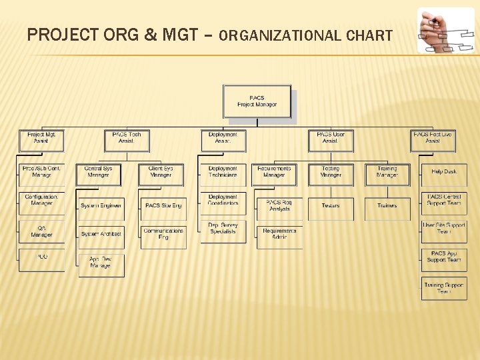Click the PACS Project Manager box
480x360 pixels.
click(x=257, y=101)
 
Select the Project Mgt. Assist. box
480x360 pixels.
click(x=41, y=138)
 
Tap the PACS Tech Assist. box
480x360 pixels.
click(x=127, y=138)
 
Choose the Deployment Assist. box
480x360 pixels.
click(x=223, y=138)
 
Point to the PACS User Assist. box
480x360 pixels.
click(x=330, y=138)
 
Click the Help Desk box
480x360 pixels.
click(x=444, y=172)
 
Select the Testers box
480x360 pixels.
click(x=330, y=206)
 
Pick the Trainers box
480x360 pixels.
click(x=387, y=206)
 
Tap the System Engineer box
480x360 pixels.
click(x=101, y=206)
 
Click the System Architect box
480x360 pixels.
click(x=101, y=234)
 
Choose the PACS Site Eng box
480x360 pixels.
click(x=163, y=206)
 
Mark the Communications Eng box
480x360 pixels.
click(x=163, y=234)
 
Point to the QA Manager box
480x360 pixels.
click(x=41, y=231)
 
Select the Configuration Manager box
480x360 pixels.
click(x=41, y=201)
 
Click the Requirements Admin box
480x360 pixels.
click(x=279, y=234)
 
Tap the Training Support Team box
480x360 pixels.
click(x=444, y=289)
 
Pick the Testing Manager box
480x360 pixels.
click(x=330, y=172)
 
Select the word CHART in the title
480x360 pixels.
click(x=369, y=36)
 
